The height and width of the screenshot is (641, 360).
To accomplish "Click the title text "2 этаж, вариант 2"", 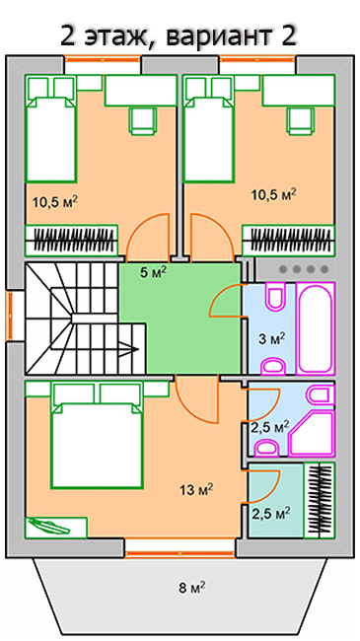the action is pyautogui.click(x=179, y=36).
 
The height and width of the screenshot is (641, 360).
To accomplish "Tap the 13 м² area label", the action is pyautogui.click(x=197, y=489).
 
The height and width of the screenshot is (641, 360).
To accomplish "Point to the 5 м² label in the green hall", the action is pyautogui.click(x=153, y=272).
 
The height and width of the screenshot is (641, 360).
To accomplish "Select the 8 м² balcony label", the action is pyautogui.click(x=192, y=588).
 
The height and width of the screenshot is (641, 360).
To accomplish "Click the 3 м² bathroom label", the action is pyautogui.click(x=271, y=339).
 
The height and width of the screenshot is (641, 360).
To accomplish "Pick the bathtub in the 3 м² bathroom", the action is pyautogui.click(x=316, y=328).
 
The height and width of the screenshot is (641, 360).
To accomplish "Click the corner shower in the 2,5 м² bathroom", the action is pyautogui.click(x=312, y=433).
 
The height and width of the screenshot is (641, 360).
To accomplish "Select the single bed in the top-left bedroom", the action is pyautogui.click(x=51, y=128).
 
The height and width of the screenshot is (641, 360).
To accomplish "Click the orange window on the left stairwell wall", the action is pyautogui.click(x=10, y=316).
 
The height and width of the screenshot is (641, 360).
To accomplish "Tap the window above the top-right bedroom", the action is pyautogui.click(x=256, y=58).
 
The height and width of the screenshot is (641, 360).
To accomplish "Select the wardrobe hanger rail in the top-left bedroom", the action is pyautogui.click(x=72, y=240).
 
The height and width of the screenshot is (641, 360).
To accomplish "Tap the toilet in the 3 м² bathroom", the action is pyautogui.click(x=276, y=297).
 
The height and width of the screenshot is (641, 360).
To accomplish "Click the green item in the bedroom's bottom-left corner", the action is pyautogui.click(x=56, y=527).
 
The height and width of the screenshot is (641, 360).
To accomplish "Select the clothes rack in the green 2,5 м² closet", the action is pyautogui.click(x=320, y=500).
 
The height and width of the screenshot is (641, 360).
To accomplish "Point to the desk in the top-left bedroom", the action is pyautogui.click(x=141, y=91).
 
